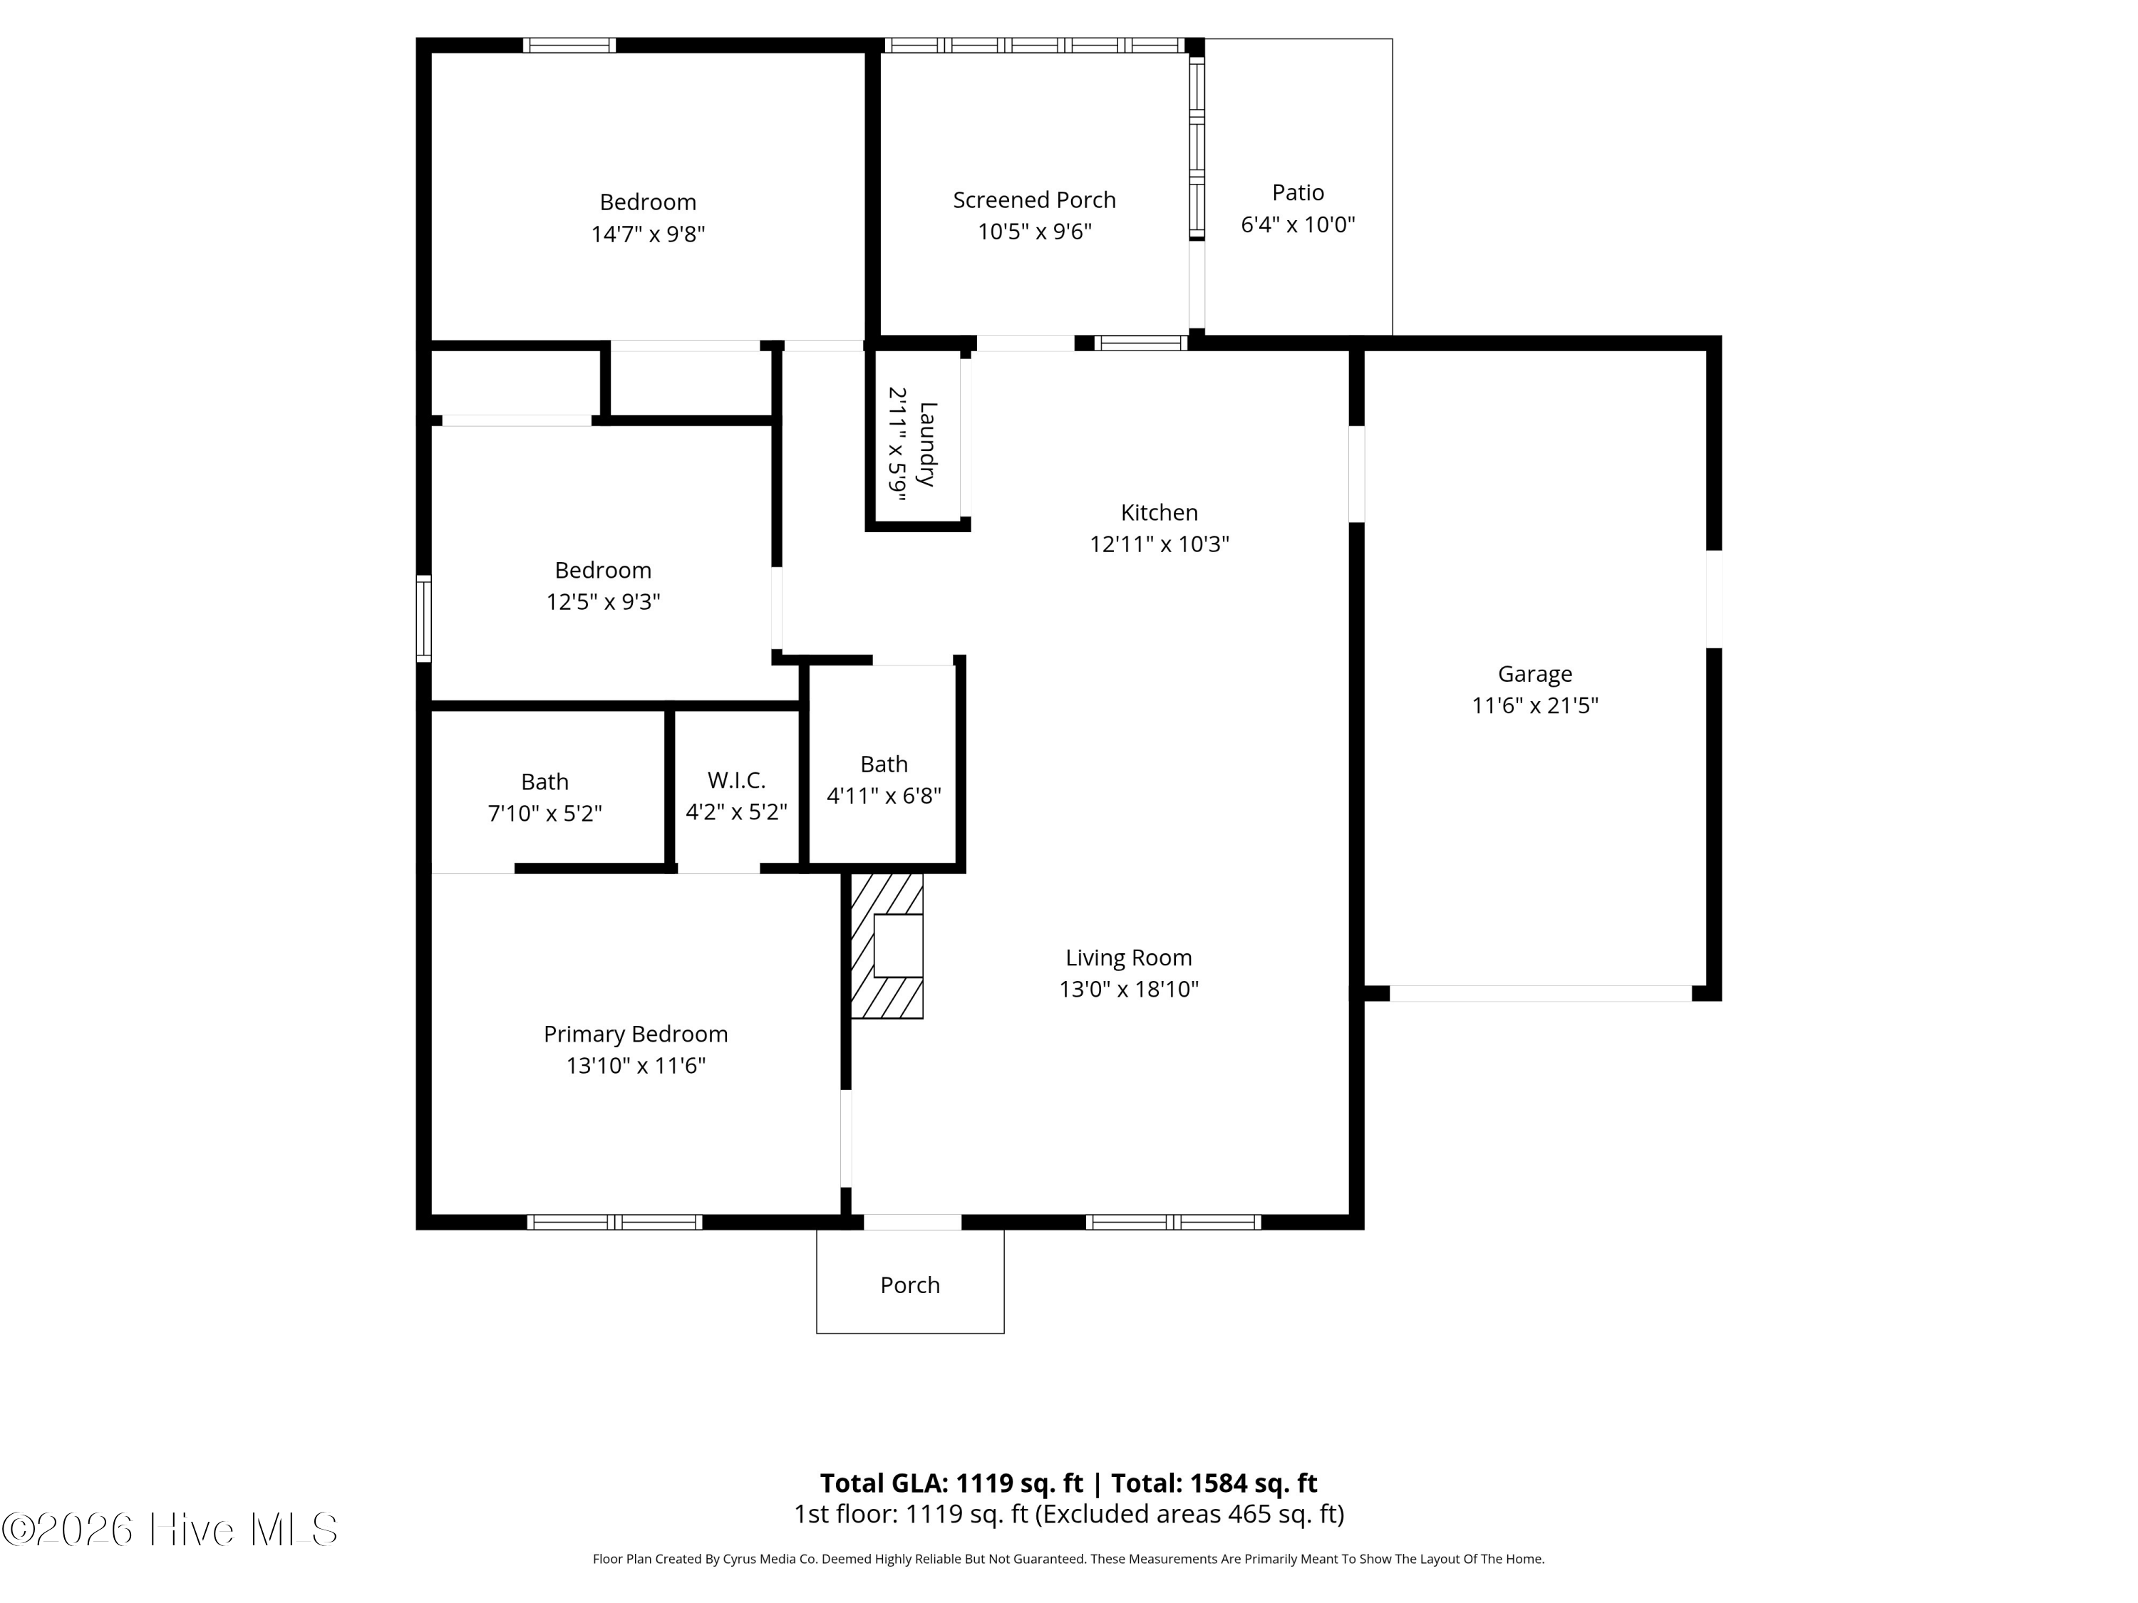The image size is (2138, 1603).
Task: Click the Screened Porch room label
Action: (x=1034, y=200)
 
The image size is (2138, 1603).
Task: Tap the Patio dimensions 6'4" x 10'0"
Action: (x=1298, y=225)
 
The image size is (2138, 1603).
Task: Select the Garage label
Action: (x=1535, y=675)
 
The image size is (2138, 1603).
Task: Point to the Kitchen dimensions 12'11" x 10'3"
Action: (x=1159, y=544)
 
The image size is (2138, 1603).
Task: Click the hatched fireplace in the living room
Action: (x=887, y=946)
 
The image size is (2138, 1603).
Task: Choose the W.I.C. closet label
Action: (x=736, y=779)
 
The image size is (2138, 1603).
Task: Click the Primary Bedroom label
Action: (x=636, y=1034)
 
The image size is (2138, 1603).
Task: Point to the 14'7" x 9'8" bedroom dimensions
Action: (x=649, y=234)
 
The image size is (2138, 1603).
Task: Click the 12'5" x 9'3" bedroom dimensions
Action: (x=603, y=602)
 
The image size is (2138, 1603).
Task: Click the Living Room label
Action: (x=1129, y=958)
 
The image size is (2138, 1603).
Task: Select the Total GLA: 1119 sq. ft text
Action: (x=951, y=1483)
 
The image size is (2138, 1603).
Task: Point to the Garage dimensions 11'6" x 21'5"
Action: (x=1535, y=705)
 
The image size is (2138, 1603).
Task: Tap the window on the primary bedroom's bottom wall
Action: (x=615, y=1223)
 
